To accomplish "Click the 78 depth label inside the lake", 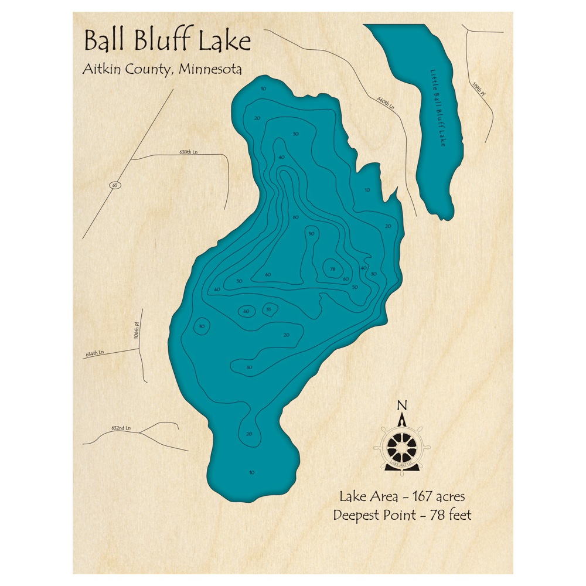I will click(332, 269).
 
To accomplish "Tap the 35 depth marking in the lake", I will click(269, 309).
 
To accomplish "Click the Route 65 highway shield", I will click(115, 185).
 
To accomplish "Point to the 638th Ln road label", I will click(189, 152).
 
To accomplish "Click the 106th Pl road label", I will click(137, 331).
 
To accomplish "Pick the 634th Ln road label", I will click(94, 353).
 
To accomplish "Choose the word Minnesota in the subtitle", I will click(210, 69).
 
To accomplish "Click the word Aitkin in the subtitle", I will click(100, 69).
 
